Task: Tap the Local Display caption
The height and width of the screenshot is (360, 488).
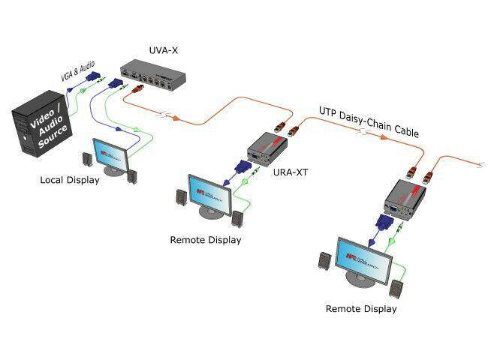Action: click(x=70, y=180)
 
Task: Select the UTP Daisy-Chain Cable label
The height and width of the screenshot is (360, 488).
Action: click(x=369, y=121)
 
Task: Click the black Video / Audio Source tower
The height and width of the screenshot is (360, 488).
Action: click(x=41, y=127)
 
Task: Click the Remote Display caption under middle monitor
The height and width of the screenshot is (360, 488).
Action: click(x=206, y=240)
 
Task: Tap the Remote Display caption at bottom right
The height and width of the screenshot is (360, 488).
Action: click(x=361, y=308)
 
